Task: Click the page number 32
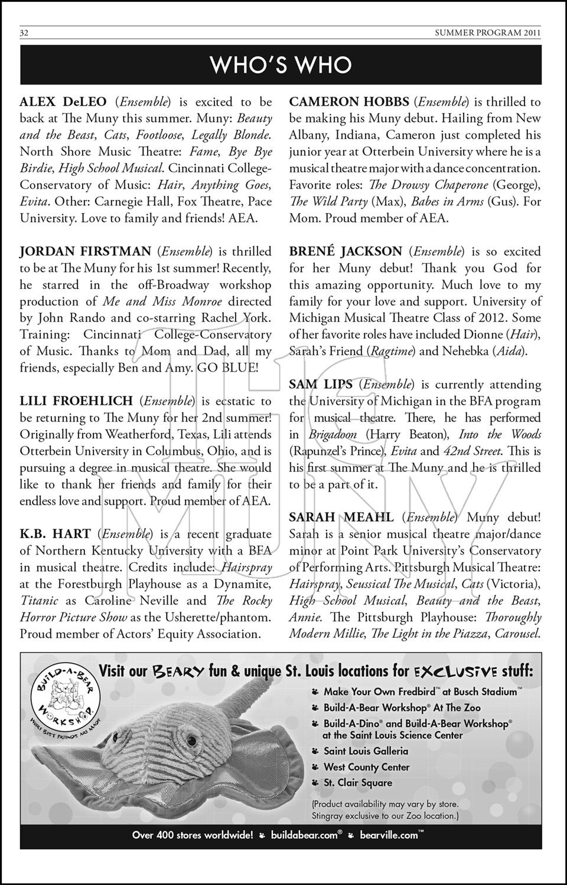[24, 33]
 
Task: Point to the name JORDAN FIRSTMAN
[86, 251]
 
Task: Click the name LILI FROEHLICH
[76, 401]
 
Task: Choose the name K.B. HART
[55, 534]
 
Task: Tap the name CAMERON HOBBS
[348, 102]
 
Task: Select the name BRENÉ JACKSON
[346, 251]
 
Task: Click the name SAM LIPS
[321, 385]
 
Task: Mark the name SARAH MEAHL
[341, 517]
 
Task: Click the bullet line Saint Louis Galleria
[366, 751]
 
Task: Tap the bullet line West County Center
[366, 767]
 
